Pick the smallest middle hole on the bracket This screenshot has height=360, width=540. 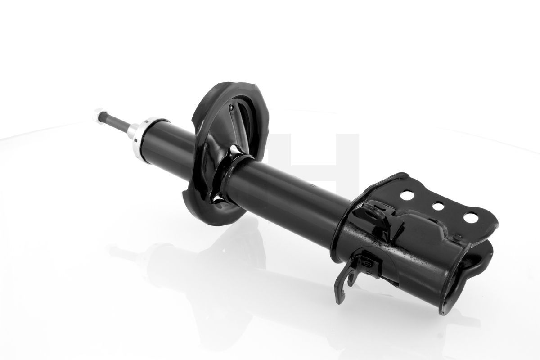[436, 206]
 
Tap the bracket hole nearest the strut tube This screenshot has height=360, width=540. [407, 197]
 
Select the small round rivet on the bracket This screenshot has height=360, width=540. [456, 237]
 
